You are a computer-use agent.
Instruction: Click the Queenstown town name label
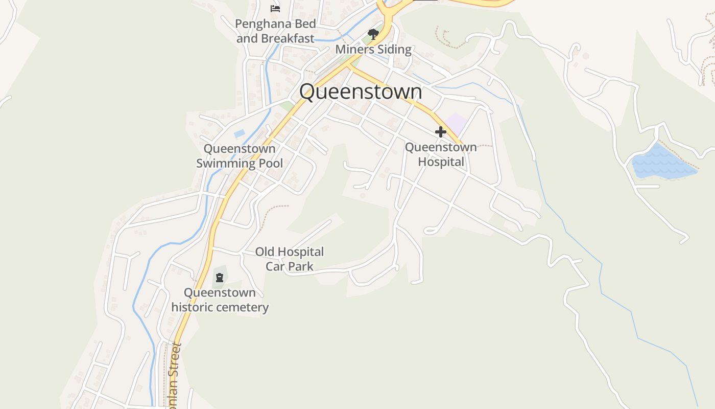point(361,92)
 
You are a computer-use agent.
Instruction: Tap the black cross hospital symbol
point(440,132)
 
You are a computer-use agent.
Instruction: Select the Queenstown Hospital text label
point(441,154)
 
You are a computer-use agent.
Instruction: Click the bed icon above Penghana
point(275,8)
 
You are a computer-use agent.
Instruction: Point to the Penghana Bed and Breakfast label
point(275,31)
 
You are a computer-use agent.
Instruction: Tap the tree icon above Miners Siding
point(373,35)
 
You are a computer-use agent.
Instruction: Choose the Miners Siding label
point(373,50)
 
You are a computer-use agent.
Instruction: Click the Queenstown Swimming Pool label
point(240,156)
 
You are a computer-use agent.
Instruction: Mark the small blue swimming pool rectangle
point(239,134)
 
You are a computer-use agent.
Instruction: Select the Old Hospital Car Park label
point(290,259)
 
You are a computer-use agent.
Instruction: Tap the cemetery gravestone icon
point(220,278)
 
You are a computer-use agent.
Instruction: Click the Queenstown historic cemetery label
point(220,300)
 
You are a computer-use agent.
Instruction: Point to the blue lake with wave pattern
point(662,163)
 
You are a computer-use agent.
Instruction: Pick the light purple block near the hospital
point(456,124)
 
